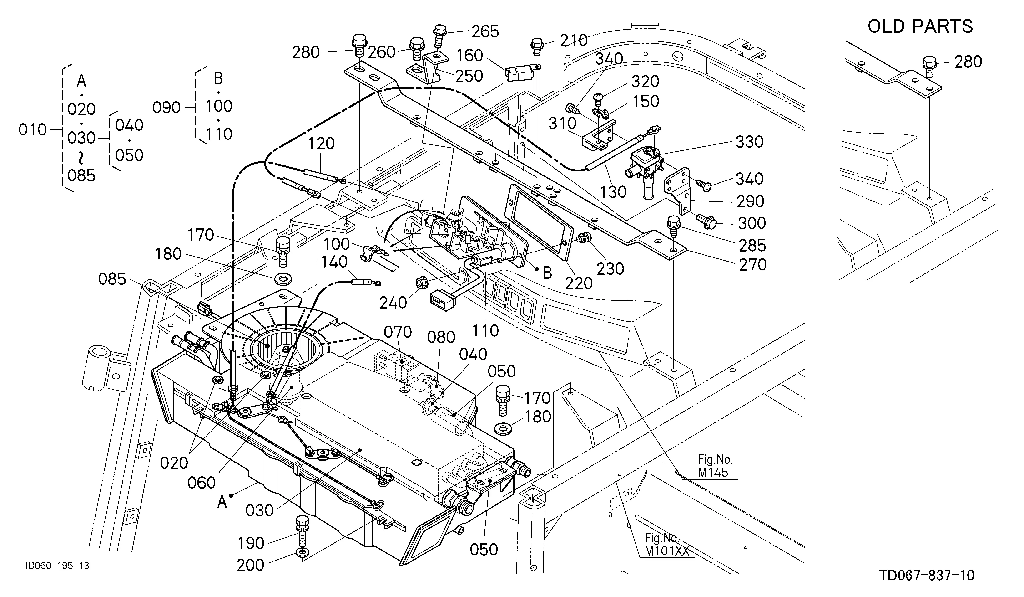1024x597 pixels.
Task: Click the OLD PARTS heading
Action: (x=920, y=26)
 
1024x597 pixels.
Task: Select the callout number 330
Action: (x=749, y=142)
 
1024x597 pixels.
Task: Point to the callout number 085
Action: (x=112, y=279)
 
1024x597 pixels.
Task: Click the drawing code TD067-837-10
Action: (x=927, y=576)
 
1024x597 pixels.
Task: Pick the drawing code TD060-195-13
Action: (x=56, y=566)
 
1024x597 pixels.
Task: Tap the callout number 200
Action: (x=250, y=565)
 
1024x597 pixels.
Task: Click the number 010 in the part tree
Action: (x=32, y=130)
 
